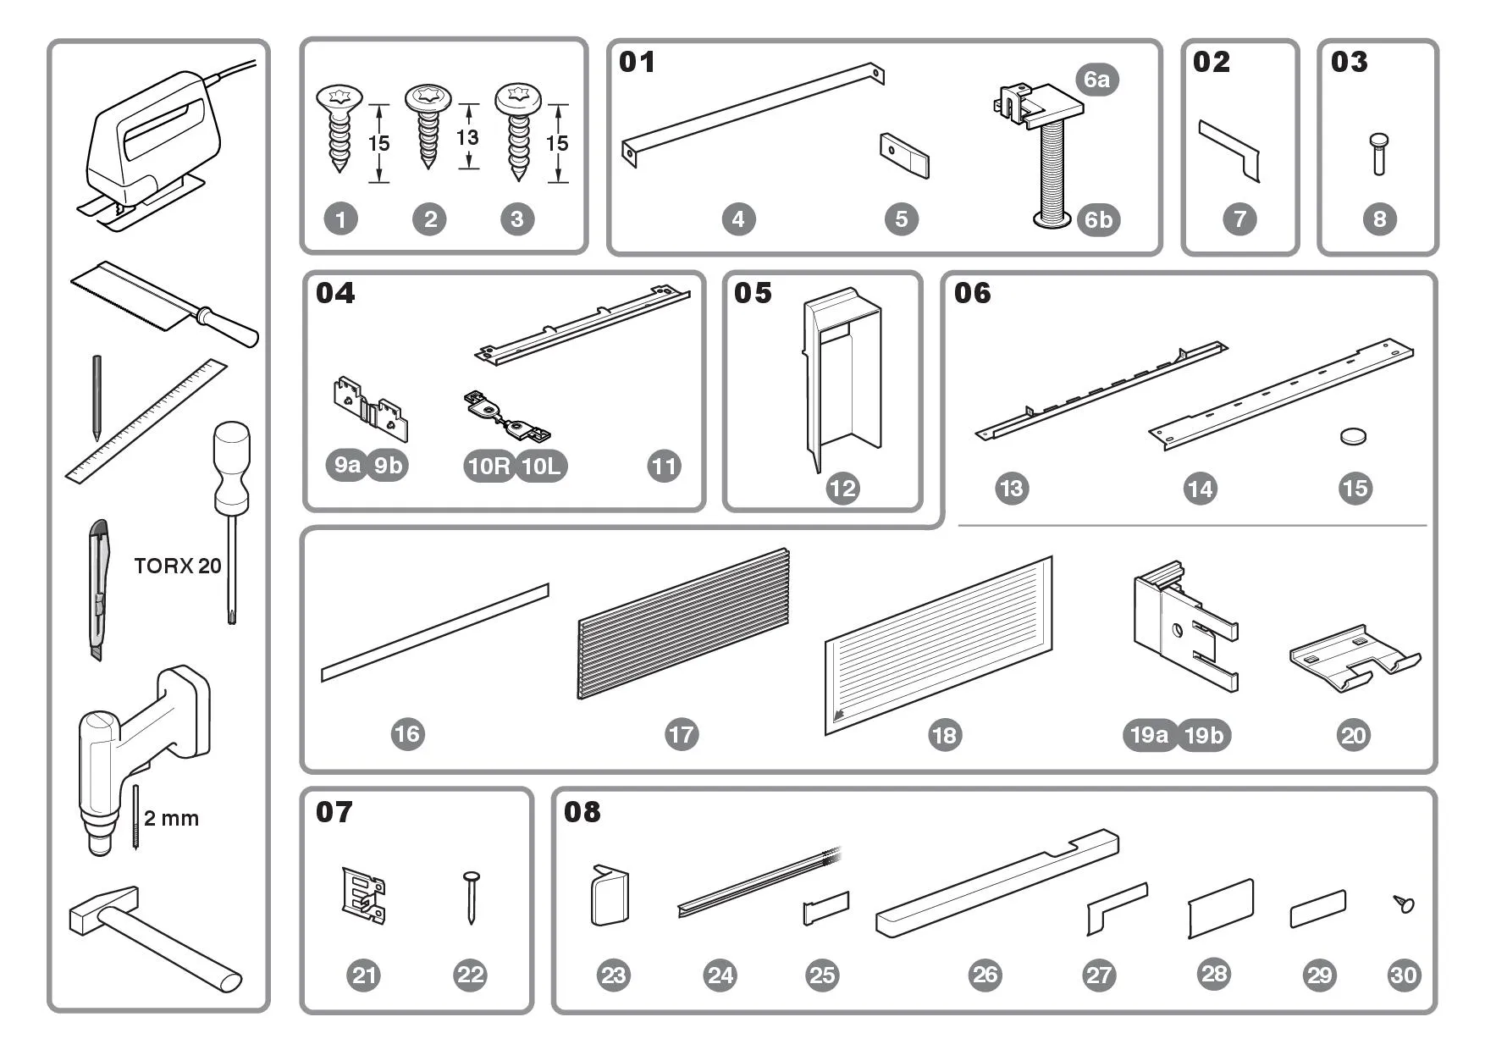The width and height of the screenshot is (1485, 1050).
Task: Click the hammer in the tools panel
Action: (x=152, y=936)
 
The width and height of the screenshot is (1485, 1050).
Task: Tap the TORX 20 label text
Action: (x=178, y=566)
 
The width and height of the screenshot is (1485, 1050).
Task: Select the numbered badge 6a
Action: (x=1096, y=80)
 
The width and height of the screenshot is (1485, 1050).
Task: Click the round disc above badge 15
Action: (x=1353, y=437)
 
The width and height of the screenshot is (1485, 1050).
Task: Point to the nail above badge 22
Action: (x=472, y=898)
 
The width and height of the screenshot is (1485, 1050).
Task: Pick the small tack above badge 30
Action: (x=1405, y=904)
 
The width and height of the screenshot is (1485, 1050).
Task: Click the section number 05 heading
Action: (x=753, y=293)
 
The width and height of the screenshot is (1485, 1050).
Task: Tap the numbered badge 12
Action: (x=842, y=489)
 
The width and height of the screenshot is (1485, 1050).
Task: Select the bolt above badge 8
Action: (x=1379, y=154)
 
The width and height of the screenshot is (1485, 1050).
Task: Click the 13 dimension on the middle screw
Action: (x=467, y=137)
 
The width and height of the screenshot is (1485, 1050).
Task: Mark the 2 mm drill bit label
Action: (x=171, y=818)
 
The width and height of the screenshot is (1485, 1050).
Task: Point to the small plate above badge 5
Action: (x=903, y=155)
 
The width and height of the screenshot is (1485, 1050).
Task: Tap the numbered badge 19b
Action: (x=1203, y=735)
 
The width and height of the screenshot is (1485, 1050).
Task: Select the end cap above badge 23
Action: (x=609, y=896)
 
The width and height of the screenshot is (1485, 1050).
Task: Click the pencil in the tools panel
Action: (x=97, y=396)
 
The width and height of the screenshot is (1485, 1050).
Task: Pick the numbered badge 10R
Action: (x=489, y=466)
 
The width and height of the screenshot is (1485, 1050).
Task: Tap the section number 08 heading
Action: (x=582, y=812)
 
